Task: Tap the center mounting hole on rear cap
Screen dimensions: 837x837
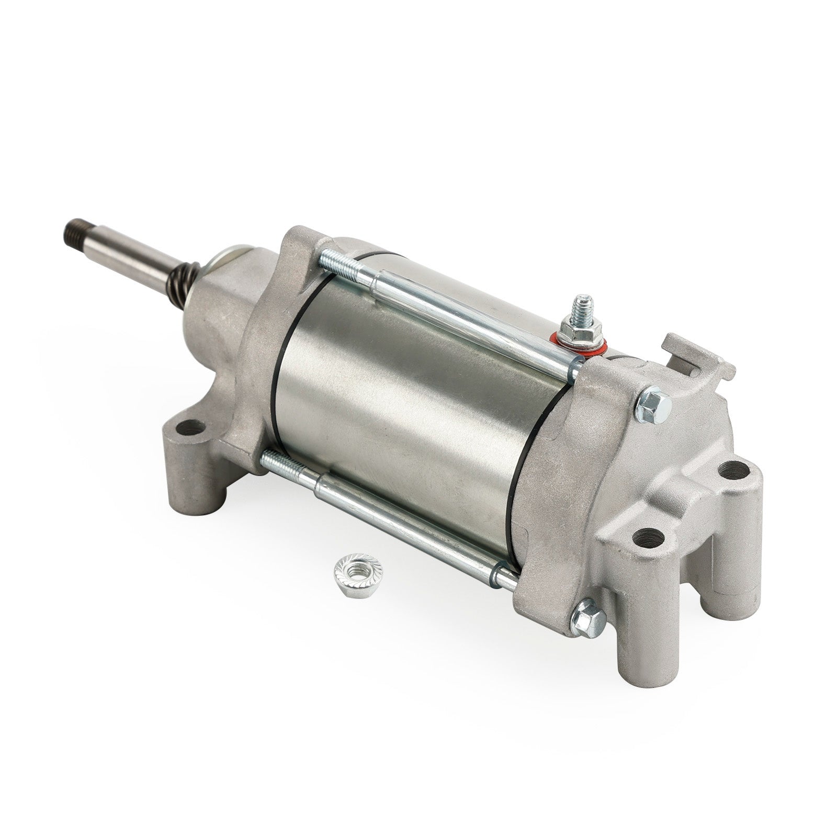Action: coord(650,548)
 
